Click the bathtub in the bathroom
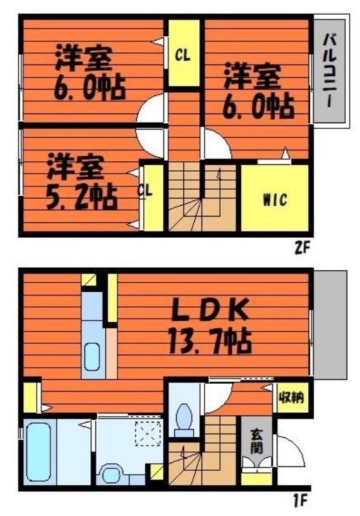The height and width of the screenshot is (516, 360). pos(39,451)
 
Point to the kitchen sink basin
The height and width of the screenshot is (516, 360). pos(92,355)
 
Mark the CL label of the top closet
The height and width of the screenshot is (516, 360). pos(183,55)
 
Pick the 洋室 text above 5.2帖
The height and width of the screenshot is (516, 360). pos(75,166)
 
